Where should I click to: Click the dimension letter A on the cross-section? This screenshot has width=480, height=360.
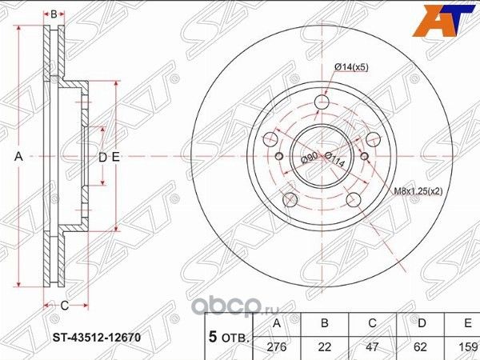tap(18, 158)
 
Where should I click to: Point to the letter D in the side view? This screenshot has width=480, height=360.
tap(102, 158)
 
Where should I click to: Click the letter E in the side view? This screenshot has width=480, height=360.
tap(116, 158)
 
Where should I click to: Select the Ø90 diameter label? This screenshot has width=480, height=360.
tap(309, 158)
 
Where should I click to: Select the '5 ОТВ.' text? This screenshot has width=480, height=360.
tap(230, 336)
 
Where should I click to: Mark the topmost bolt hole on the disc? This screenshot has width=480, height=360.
tap(322, 102)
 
